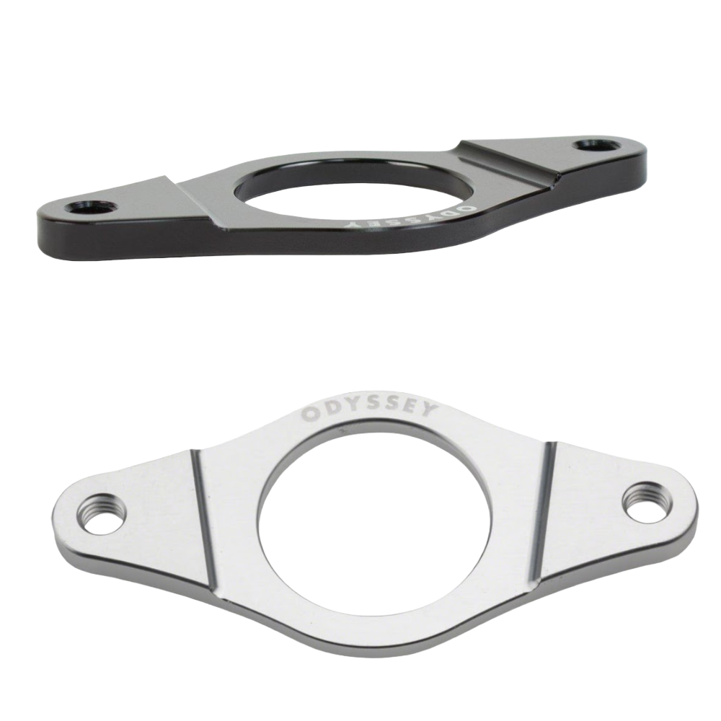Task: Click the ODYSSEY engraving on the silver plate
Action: (x=368, y=412)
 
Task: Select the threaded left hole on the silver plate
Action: (x=102, y=513)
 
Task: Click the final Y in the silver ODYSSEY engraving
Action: (x=428, y=412)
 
